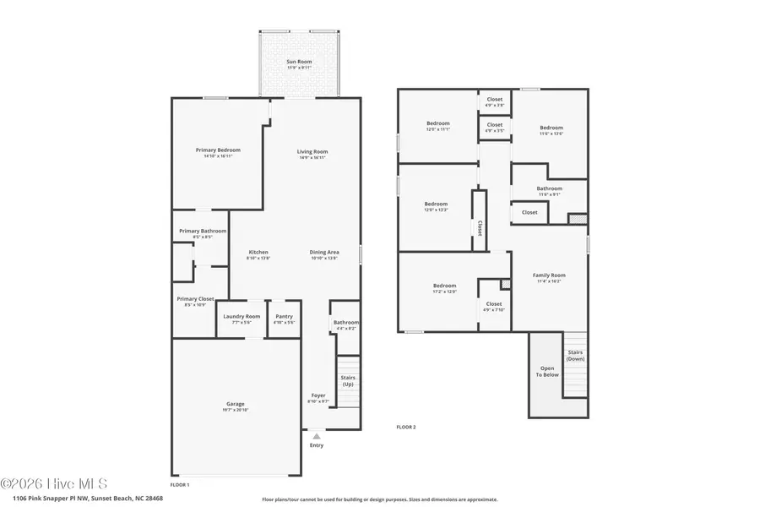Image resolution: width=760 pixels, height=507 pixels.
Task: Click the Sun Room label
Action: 299,62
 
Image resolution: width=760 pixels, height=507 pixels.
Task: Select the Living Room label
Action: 312,152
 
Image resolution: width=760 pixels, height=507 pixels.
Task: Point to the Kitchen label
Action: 258,252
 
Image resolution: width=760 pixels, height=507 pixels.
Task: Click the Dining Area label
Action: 324,252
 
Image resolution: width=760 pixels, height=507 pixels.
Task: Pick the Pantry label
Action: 285,316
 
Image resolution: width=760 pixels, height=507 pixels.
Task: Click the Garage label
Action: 235,404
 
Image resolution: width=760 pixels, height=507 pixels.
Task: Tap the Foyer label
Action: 318,395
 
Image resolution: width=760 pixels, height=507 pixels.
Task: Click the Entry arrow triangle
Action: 317,436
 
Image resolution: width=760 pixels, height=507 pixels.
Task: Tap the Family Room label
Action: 549,275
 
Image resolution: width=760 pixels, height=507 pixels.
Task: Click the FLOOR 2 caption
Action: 406,428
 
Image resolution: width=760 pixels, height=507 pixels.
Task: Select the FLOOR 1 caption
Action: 180,485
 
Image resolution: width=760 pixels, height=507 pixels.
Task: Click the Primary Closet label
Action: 195,298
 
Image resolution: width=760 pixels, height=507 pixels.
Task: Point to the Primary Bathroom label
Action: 202,231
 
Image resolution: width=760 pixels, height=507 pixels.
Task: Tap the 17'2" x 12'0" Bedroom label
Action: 444,286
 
